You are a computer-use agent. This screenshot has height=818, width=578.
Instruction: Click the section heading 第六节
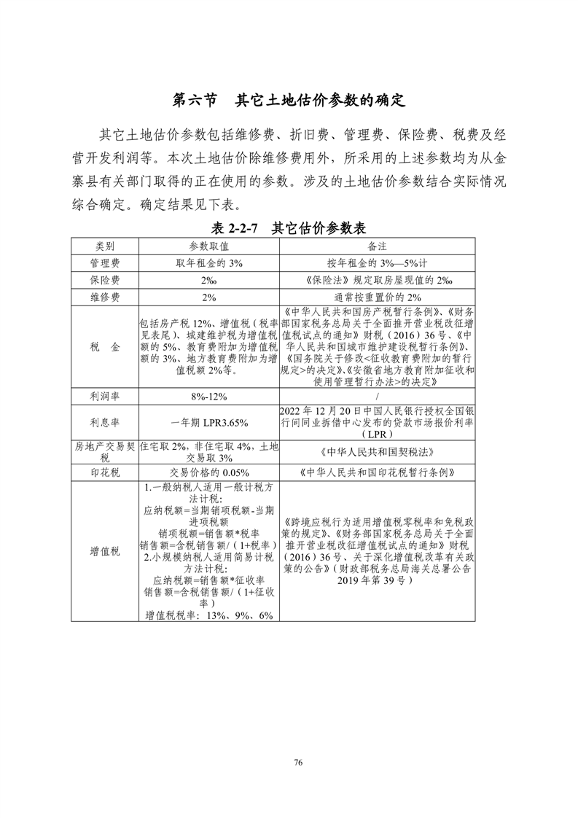click(x=194, y=100)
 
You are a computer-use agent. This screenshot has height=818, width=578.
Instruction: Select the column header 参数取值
click(x=209, y=246)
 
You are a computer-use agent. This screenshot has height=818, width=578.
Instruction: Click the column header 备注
click(x=377, y=246)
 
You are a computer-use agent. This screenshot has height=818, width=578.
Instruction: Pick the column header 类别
click(x=105, y=246)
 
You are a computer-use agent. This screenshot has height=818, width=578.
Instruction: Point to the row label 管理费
click(x=105, y=262)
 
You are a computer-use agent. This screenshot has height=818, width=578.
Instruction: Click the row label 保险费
click(x=105, y=279)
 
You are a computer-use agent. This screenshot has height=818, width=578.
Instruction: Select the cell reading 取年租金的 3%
click(x=209, y=262)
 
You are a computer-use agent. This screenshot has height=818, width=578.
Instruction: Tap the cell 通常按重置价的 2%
click(x=377, y=297)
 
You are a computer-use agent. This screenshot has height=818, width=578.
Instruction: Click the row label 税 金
click(x=105, y=347)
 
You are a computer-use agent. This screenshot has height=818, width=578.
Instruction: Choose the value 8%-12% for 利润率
click(x=209, y=397)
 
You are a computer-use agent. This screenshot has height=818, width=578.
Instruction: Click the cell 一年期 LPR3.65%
click(x=209, y=422)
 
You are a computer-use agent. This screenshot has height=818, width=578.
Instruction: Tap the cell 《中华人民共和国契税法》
click(x=377, y=451)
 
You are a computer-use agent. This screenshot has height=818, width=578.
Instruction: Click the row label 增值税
click(x=105, y=551)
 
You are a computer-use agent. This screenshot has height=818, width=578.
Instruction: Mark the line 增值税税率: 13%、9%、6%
click(x=209, y=615)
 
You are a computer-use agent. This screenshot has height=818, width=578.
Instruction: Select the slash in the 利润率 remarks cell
click(x=377, y=397)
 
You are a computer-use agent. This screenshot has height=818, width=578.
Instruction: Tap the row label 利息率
click(x=105, y=422)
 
